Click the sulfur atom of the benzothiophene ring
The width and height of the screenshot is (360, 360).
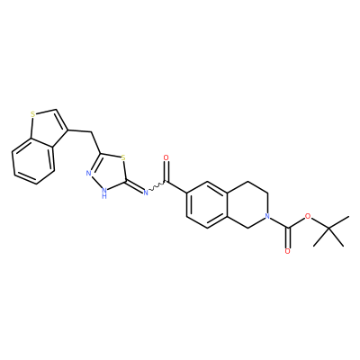click(x=33, y=114)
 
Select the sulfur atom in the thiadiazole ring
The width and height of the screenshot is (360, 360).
click(x=122, y=157)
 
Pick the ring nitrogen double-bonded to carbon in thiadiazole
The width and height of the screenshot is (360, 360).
click(x=89, y=173)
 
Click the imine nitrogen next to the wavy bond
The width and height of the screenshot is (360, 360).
click(x=146, y=193)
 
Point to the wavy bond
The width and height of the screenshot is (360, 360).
click(x=157, y=186)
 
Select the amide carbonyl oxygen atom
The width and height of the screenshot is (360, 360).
click(x=166, y=157)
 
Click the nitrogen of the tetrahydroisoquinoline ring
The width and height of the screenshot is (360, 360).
click(x=267, y=216)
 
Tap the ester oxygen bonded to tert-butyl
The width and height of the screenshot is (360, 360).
click(x=307, y=216)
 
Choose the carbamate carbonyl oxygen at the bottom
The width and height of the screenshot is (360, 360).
click(x=287, y=251)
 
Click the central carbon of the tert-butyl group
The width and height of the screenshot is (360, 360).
click(x=328, y=229)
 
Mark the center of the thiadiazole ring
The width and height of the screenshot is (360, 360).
click(x=109, y=172)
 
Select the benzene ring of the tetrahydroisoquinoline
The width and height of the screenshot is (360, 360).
click(x=207, y=204)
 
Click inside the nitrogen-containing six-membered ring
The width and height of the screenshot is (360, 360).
click(x=247, y=204)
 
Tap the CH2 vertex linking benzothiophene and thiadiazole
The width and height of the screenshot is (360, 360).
click(x=90, y=132)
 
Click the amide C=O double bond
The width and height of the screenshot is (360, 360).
click(x=166, y=172)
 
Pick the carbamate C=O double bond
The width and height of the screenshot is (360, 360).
click(x=288, y=238)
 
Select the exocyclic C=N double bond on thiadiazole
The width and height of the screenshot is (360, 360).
click(x=135, y=186)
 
